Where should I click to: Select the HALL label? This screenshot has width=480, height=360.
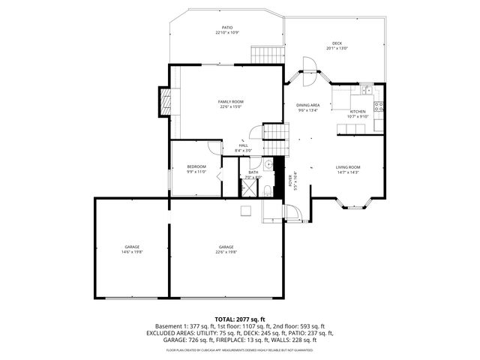243,147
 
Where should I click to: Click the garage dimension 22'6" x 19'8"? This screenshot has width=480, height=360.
226,252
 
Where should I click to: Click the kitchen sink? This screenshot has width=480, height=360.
365,91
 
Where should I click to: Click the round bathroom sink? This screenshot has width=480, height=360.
268,163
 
